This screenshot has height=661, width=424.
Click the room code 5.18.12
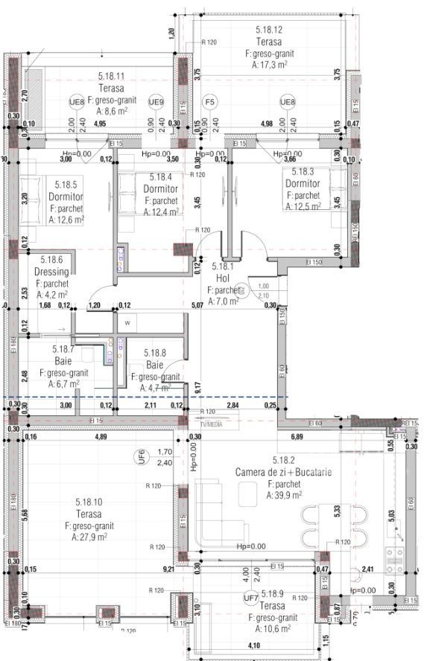click(x=269, y=30)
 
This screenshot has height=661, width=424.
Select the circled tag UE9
click(x=156, y=102)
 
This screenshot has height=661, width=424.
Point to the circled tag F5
click(x=210, y=102)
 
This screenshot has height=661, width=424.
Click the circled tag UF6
click(x=140, y=456)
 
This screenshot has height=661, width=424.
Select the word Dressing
click(x=51, y=272)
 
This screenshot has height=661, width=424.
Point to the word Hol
click(x=221, y=278)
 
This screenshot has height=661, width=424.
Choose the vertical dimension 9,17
click(x=196, y=387)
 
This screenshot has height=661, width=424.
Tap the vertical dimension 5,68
click(x=25, y=514)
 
